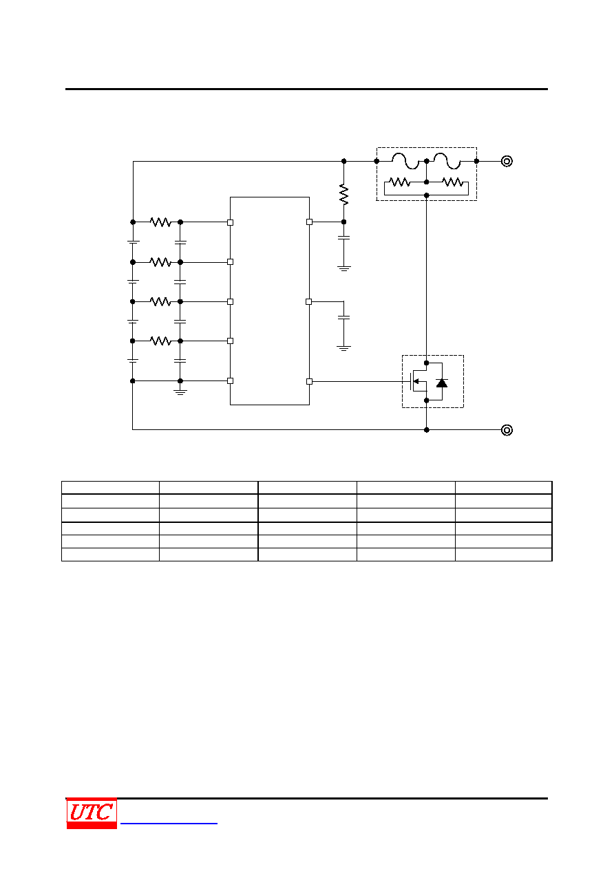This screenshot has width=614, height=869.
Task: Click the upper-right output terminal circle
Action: click(x=507, y=161)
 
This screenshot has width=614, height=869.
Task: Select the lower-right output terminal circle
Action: click(x=507, y=430)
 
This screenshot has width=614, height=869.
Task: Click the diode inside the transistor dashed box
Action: click(x=442, y=383)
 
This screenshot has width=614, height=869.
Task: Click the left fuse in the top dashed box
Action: click(x=405, y=161)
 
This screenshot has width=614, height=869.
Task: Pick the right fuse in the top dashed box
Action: click(x=447, y=161)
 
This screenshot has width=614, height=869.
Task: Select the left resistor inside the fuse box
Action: click(x=399, y=182)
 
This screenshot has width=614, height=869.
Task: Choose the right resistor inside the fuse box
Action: click(x=452, y=182)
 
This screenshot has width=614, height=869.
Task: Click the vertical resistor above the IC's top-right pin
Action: click(x=343, y=194)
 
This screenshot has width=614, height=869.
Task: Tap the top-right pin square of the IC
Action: click(x=309, y=222)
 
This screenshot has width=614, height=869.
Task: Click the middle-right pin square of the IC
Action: click(x=309, y=301)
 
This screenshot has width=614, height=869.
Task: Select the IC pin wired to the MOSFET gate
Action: click(x=309, y=381)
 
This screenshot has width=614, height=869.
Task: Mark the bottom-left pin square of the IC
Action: click(x=230, y=381)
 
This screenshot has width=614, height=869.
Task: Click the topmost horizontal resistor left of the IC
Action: click(x=160, y=222)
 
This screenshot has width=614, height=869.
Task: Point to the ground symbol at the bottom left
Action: click(x=180, y=391)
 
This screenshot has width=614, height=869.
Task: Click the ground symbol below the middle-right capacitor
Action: click(x=343, y=348)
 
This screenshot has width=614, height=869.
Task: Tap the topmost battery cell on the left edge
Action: click(x=133, y=242)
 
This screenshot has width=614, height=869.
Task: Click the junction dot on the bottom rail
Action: click(x=426, y=430)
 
